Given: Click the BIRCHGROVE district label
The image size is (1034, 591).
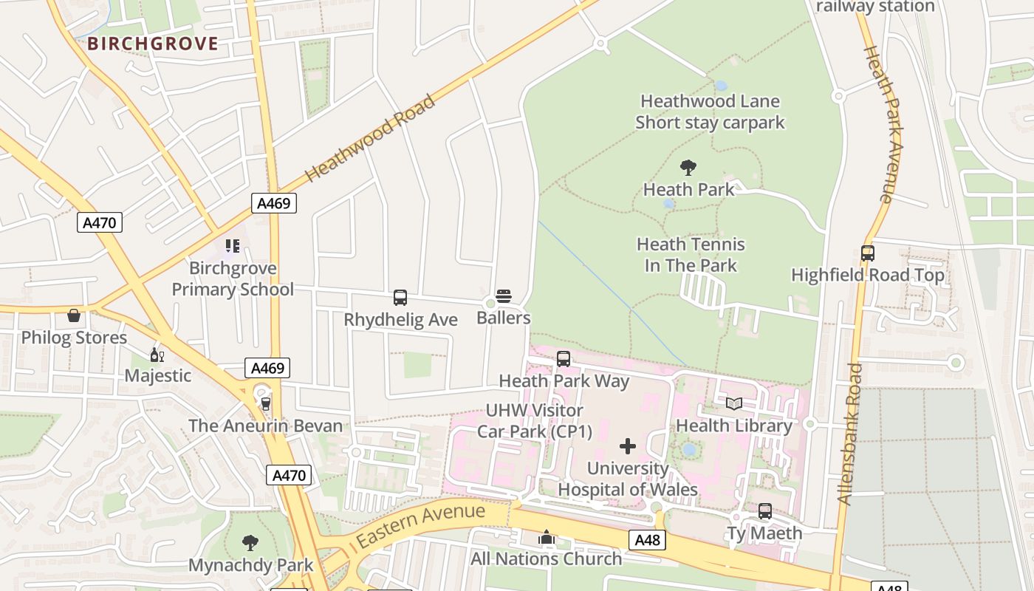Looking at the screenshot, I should tap(153, 44).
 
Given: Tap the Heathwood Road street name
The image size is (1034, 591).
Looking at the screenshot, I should tap(370, 138).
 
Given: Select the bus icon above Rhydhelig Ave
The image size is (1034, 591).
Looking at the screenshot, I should tap(400, 298).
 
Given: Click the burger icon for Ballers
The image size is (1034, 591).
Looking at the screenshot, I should tap(504, 296).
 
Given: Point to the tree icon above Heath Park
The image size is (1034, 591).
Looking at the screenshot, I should tap(688, 168).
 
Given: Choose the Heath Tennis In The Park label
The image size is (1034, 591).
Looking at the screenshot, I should tap(691, 255).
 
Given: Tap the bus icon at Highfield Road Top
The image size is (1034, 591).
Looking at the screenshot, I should tap(868, 253).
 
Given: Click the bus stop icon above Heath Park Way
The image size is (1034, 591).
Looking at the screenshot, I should tap(564, 359).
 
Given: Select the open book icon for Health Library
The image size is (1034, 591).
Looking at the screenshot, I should tap(733, 403).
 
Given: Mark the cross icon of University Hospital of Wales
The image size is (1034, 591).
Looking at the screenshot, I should tap(628, 446).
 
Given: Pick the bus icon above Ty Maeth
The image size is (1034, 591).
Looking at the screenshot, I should tap(765, 511).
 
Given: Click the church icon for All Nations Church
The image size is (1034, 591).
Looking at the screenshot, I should tap(547, 537).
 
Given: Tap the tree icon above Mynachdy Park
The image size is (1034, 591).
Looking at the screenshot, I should tap(250, 543).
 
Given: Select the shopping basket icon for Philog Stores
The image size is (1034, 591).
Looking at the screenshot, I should tap(74, 315).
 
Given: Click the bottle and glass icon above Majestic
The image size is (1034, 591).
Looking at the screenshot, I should tap(157, 355).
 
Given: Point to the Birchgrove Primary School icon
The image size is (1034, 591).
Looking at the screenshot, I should tap(233, 246).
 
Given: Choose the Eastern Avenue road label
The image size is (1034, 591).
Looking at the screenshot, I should tap(421, 525).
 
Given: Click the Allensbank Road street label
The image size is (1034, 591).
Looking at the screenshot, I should tap(850, 434).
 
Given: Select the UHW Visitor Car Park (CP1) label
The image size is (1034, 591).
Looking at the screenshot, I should tap(535, 420).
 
